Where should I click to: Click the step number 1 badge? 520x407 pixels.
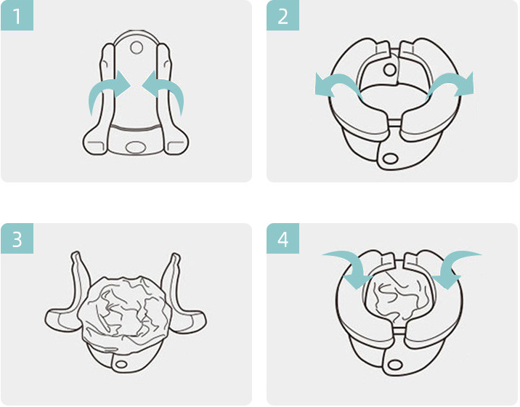pos(17,16)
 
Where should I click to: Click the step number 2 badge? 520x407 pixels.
pos(283,16)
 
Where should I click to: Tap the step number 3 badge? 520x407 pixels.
pos(17,238)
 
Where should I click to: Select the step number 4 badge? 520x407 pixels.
pos(283,238)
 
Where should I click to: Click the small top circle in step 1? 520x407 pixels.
pos(137,47)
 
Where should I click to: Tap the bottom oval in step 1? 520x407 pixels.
pos(135,146)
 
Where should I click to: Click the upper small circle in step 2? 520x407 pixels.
pos(390,70)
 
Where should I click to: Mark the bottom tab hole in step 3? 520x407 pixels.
pos(121,364)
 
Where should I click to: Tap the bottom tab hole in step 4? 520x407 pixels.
pos(394,365)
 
